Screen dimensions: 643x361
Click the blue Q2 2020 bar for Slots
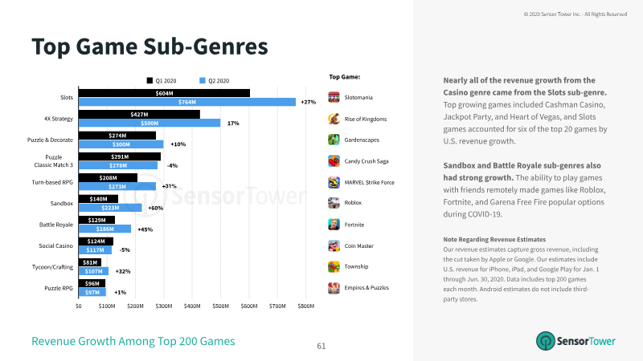187,102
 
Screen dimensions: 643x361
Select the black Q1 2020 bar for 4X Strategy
139,114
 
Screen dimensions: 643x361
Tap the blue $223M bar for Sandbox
110,208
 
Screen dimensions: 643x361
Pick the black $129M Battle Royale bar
96,220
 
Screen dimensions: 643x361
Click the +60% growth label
155,208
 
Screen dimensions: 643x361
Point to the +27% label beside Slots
309,102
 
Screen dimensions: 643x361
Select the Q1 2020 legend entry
162,81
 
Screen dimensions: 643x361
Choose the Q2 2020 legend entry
214,81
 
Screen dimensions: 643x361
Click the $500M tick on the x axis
220,306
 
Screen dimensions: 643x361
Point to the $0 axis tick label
78,306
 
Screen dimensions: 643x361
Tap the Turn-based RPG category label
52,182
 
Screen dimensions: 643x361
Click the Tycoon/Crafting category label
52,267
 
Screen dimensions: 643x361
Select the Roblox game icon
334,203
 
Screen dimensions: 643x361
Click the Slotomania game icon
334,97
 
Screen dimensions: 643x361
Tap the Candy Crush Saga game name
367,161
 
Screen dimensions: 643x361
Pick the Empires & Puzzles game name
367,288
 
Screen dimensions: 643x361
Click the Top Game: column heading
345,77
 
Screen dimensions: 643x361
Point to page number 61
321,347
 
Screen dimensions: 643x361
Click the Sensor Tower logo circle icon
546,341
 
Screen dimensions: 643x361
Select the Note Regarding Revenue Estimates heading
494,239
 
